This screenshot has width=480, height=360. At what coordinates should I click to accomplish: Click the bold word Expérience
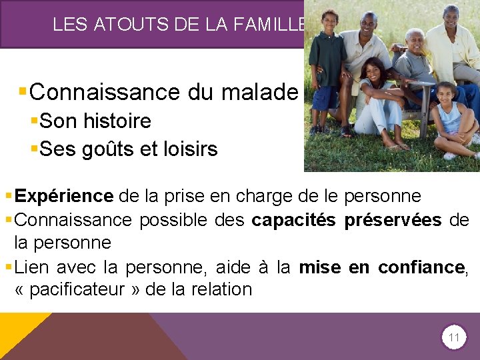pos(64,196)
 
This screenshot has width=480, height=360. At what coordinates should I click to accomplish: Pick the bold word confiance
pos(421,268)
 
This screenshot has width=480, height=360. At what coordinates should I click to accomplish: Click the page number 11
pos(453,338)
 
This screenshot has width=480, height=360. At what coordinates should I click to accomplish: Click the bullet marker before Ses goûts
pos(34,149)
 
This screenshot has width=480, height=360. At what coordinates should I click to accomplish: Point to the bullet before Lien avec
pos(7,268)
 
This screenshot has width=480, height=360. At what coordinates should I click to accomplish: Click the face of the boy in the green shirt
pos(330,21)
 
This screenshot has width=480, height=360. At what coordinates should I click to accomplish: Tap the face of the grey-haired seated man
pos(415,41)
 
